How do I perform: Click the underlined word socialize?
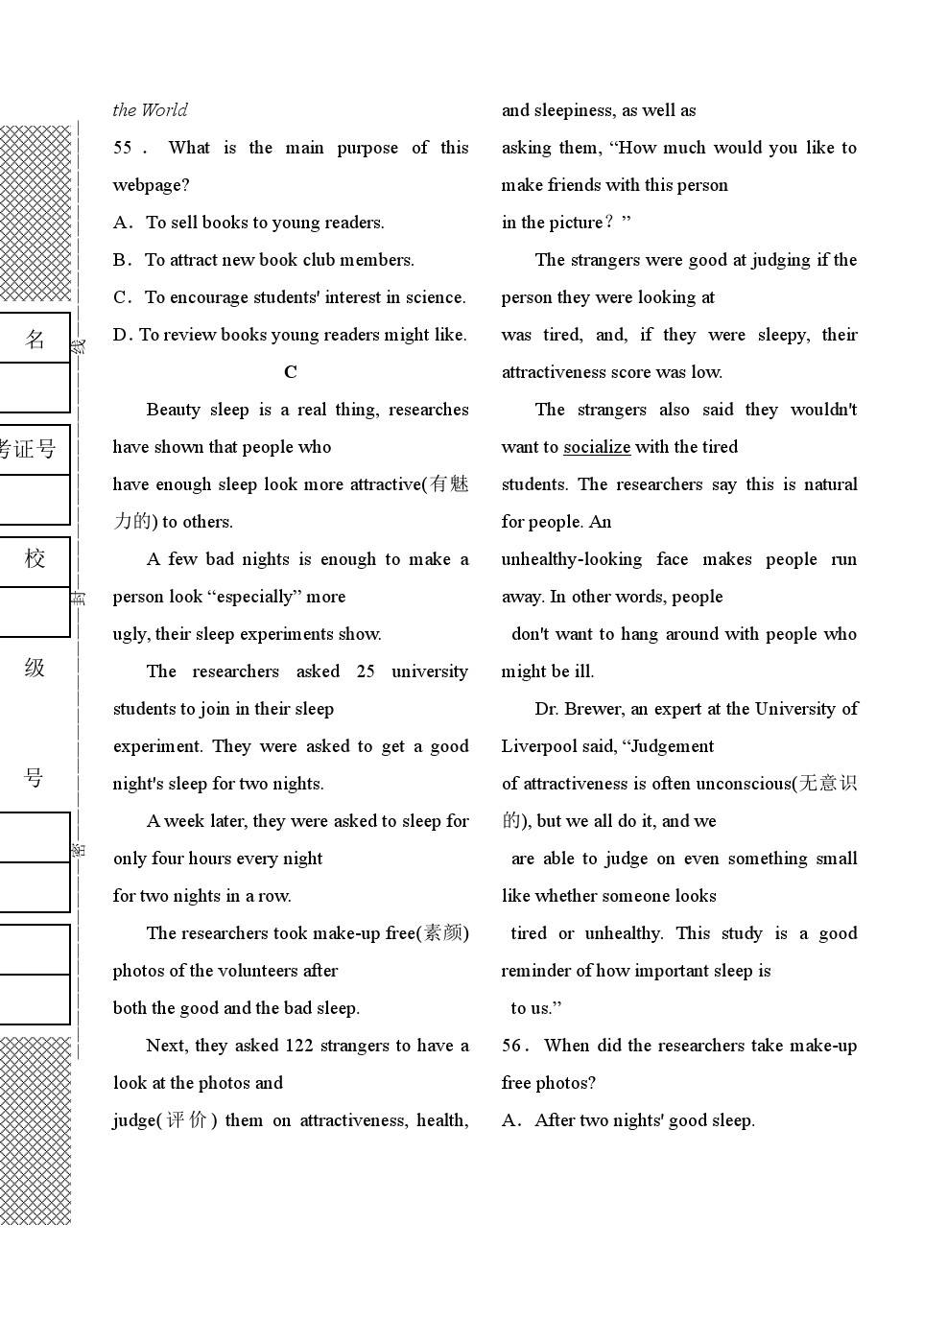pyautogui.click(x=597, y=447)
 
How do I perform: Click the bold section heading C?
pyautogui.click(x=291, y=372)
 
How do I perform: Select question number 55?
pyautogui.click(x=123, y=148)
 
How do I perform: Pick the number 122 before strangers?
pyautogui.click(x=298, y=1046)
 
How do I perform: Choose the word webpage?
pyautogui.click(x=151, y=185)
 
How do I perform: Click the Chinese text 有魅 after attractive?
pyautogui.click(x=449, y=484)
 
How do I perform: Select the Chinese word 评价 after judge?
pyautogui.click(x=186, y=1120)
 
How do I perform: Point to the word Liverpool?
pyautogui.click(x=539, y=746)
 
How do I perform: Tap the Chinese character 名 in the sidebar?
pyautogui.click(x=35, y=339)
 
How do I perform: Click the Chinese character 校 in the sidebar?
pyautogui.click(x=35, y=558)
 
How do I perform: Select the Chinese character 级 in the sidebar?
pyautogui.click(x=35, y=668)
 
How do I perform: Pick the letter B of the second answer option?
pyautogui.click(x=120, y=260)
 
